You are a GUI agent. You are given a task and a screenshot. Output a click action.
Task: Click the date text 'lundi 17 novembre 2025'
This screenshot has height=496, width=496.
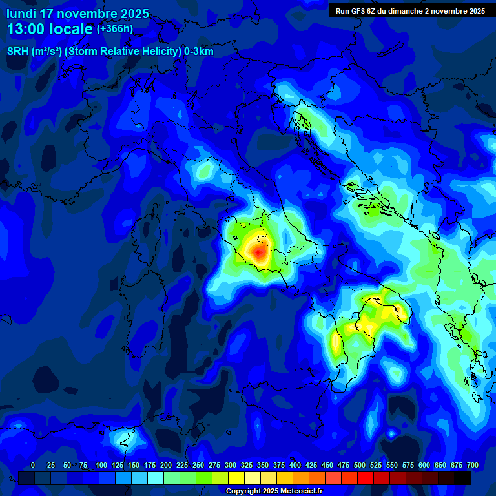(77, 14)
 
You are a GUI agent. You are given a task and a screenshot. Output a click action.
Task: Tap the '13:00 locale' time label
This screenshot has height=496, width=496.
(50, 29)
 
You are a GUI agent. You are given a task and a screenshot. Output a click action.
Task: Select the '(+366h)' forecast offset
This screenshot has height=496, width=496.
(115, 29)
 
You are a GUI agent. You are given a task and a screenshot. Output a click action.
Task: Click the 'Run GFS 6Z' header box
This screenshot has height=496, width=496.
(410, 10)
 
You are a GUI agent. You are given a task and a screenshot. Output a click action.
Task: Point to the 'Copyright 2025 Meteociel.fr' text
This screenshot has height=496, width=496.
(274, 491)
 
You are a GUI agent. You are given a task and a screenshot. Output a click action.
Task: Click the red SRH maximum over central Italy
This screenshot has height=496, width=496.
(260, 251)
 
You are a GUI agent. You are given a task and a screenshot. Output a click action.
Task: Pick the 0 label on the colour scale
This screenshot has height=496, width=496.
(33, 465)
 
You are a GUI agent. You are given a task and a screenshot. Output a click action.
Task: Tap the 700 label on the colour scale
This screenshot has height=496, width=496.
(472, 465)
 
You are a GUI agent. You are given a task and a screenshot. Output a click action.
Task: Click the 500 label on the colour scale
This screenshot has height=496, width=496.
(343, 465)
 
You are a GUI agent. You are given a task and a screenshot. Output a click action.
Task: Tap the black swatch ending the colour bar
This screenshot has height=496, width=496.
(462, 478)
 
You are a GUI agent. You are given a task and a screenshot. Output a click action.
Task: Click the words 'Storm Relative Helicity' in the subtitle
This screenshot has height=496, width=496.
(122, 52)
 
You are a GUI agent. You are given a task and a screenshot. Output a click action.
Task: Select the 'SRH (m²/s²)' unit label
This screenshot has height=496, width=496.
(34, 52)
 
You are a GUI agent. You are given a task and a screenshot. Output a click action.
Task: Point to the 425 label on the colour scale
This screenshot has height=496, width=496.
(294, 465)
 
